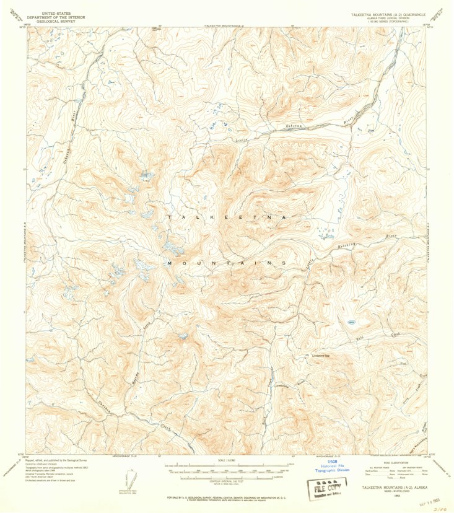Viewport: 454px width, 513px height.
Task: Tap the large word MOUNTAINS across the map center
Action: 226,263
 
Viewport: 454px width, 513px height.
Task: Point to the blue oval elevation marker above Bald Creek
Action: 351,322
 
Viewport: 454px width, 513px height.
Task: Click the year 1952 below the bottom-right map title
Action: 394,495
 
